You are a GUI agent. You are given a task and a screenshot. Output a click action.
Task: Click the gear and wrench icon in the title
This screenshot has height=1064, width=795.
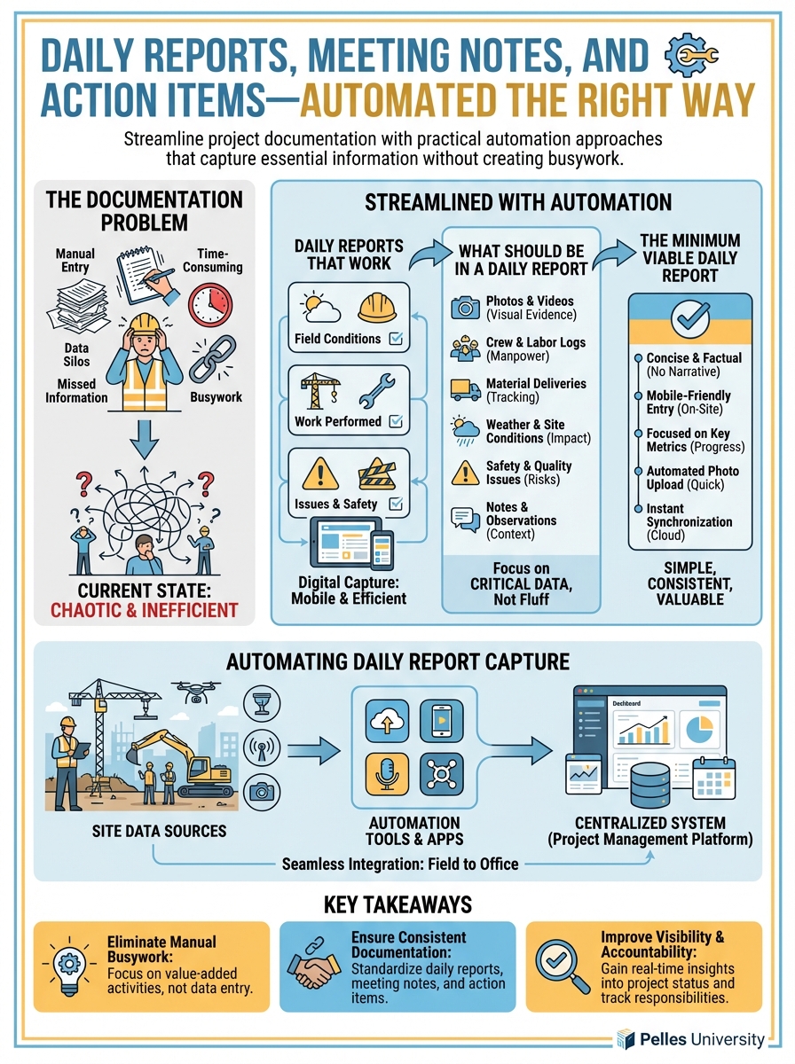[689, 58]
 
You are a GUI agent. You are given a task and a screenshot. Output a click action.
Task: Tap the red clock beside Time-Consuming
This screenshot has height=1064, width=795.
[210, 301]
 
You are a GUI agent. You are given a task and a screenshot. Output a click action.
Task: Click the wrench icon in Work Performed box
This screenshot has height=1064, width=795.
[374, 391]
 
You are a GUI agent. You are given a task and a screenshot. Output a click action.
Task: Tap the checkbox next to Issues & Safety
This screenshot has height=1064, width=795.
[396, 505]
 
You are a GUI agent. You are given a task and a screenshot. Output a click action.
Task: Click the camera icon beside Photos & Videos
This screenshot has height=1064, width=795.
[465, 308]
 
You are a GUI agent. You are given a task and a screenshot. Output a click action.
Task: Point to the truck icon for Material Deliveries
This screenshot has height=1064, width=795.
[465, 389]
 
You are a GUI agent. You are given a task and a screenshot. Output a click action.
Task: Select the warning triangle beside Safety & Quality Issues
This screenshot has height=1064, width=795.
[465, 473]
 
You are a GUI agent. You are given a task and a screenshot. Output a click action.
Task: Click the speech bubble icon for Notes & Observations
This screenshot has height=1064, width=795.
[465, 518]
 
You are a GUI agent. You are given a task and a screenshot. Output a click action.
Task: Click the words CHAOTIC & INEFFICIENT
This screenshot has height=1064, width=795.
[145, 610]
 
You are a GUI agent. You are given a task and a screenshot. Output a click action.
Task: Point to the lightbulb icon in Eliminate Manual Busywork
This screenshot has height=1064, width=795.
[68, 966]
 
